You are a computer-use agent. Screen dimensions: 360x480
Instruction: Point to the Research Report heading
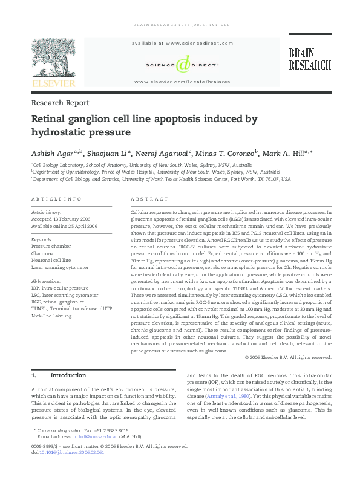[x=61, y=103]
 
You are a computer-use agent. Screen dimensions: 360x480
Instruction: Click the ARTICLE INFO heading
[x=56, y=199]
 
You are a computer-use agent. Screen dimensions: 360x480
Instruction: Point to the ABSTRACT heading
[x=149, y=199]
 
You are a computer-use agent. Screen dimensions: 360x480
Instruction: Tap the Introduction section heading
[x=68, y=375]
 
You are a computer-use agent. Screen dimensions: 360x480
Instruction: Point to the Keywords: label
[x=42, y=240]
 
